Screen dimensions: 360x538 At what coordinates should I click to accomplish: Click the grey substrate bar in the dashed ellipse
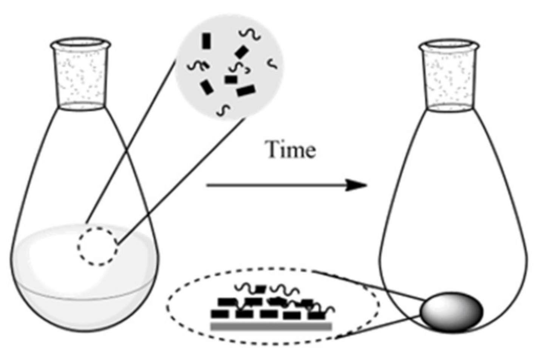(x=271, y=326)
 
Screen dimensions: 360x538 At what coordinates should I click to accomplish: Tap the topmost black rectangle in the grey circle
(x=206, y=41)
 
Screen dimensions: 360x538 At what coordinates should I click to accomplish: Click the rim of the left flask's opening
(x=80, y=43)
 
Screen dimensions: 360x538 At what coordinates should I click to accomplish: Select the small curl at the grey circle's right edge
(x=272, y=64)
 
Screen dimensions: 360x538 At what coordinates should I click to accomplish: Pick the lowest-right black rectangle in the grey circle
(x=246, y=91)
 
